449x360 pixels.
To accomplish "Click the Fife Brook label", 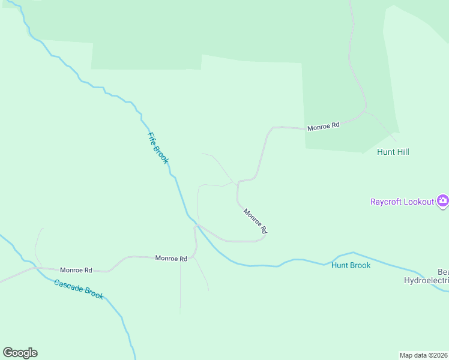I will (158, 147).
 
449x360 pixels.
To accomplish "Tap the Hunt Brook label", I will (351, 265).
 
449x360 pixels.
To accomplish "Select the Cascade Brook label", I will (79, 289).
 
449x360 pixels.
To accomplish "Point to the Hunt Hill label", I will (393, 152).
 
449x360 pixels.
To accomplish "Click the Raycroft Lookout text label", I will (402, 202).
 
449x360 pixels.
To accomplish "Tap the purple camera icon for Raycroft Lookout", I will (442, 201).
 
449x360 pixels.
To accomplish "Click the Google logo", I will (20, 353).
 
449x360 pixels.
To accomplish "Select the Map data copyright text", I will (423, 355).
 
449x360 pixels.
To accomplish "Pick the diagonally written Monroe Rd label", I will (255, 220).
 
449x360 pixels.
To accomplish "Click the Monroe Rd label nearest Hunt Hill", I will (324, 127).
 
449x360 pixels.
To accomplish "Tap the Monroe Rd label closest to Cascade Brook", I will (76, 271).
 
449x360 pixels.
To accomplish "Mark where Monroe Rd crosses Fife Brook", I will (196, 225).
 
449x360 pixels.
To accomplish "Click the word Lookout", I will (418, 202).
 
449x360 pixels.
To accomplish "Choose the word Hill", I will (402, 152).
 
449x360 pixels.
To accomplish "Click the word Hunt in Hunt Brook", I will (340, 265).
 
